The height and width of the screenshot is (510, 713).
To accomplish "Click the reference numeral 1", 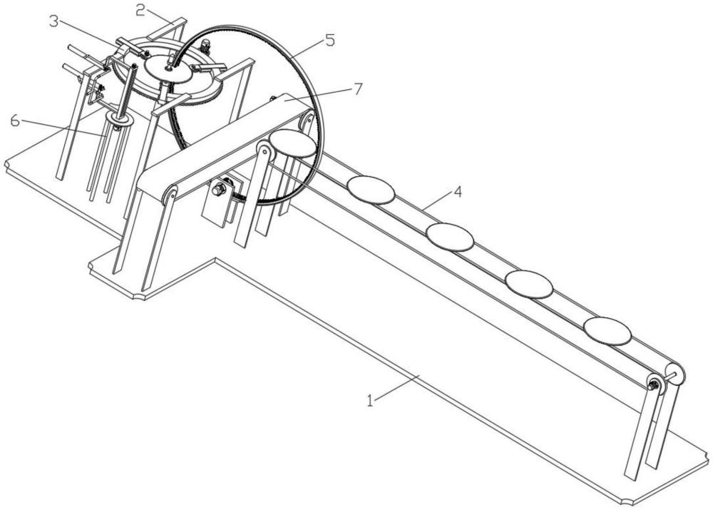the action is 370,401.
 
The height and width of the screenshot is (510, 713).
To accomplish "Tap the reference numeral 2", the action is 140,10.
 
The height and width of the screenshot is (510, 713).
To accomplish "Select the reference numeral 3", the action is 54,21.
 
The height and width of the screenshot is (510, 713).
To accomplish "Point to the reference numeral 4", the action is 458,192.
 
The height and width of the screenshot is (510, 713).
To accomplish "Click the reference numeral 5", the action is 329,40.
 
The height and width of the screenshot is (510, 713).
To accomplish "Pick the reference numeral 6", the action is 15,121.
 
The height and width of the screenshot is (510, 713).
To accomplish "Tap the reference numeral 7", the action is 359,88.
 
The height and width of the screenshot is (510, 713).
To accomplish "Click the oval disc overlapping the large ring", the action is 292,143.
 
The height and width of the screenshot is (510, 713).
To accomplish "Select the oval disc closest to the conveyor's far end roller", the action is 607,331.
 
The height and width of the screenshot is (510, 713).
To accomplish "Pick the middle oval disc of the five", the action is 450,237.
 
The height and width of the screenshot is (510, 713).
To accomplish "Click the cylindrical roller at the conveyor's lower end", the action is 674,374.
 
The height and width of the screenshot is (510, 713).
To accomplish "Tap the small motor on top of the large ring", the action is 205,46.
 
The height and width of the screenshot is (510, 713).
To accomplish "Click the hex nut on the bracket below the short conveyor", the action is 217,189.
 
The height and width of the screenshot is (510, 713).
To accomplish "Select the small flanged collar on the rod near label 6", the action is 118,120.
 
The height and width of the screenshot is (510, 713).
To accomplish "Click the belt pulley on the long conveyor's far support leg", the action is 653,385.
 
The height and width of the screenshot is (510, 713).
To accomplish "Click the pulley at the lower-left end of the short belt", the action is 170,194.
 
